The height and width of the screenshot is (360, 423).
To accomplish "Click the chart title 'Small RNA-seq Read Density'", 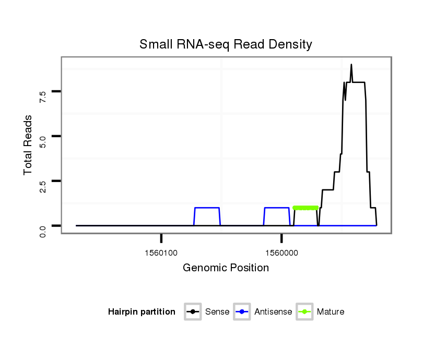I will click(226, 44).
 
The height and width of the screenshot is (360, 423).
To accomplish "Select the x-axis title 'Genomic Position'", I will click(226, 268).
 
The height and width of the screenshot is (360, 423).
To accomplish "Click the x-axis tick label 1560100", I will click(161, 253).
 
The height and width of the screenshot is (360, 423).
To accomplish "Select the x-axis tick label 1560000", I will click(281, 253).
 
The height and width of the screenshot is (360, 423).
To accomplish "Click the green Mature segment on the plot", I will click(305, 208).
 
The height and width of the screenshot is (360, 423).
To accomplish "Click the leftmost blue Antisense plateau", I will click(207, 208).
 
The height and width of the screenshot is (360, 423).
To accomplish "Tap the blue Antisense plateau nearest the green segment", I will click(277, 208).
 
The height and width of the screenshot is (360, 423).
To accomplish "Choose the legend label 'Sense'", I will click(217, 312).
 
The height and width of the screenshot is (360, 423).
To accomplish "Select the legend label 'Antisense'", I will click(273, 312).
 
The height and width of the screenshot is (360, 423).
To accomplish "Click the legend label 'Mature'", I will click(331, 312).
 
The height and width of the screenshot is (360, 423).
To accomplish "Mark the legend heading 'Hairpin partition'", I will click(142, 312).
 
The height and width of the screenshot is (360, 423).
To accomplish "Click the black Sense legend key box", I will click(193, 312).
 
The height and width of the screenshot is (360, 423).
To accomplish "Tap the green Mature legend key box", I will click(304, 312).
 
